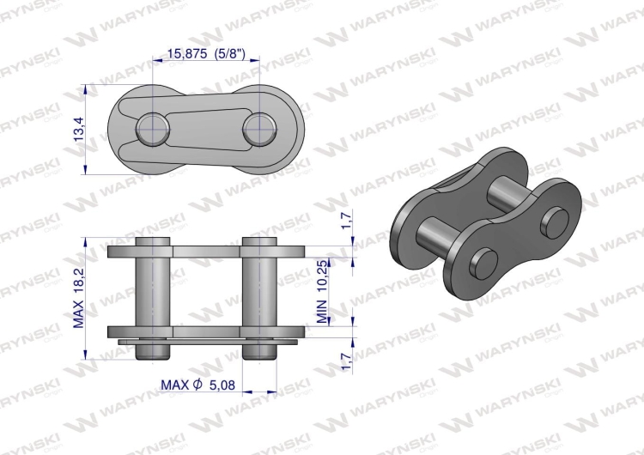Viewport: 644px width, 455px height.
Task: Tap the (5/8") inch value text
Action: click(x=231, y=53)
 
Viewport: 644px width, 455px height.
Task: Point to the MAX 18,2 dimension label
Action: click(x=79, y=296)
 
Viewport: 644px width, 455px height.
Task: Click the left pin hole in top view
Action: click(x=152, y=130)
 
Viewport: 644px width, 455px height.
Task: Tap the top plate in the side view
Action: click(x=206, y=252)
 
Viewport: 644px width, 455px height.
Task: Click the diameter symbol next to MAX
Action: click(x=197, y=385)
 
